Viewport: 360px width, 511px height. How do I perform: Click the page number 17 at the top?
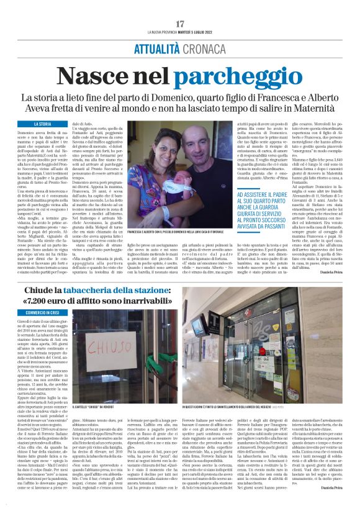180,23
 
